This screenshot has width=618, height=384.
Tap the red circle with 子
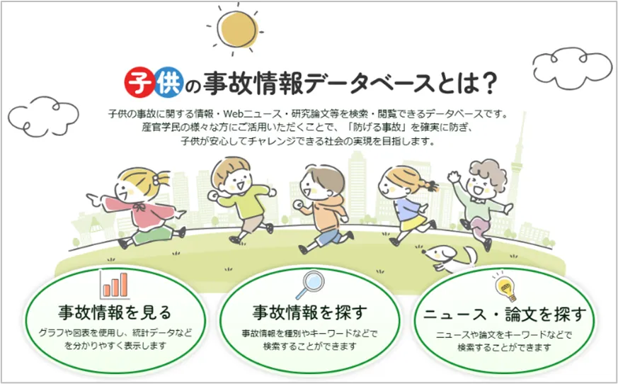(139, 82)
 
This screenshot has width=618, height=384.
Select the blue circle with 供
(168, 82)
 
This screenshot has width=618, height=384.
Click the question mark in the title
(489, 82)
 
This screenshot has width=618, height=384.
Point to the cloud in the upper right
(571, 67)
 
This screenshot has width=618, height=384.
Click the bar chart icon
(115, 284)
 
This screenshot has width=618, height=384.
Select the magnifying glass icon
(310, 285)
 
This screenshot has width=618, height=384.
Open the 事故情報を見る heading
(115, 312)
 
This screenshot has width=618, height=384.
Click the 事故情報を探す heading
(310, 312)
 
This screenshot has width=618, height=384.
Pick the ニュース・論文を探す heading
(505, 315)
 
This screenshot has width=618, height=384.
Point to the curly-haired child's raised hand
(454, 176)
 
